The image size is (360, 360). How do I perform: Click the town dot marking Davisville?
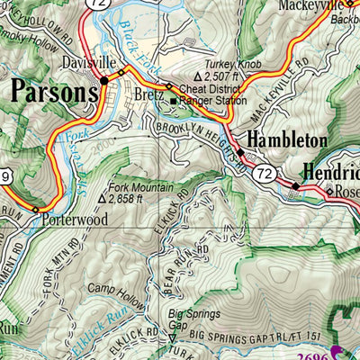104,80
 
